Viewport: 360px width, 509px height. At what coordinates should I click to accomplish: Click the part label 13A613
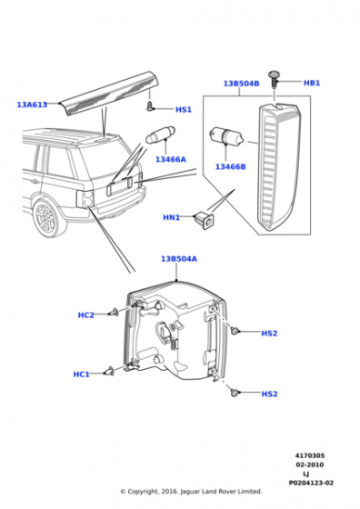tap(32, 105)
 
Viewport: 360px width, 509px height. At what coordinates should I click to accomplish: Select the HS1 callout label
tap(184, 110)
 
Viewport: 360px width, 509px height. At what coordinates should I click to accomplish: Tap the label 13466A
tap(171, 159)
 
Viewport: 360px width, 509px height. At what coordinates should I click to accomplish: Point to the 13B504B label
tap(241, 84)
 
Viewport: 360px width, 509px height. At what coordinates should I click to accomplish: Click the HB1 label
tap(312, 83)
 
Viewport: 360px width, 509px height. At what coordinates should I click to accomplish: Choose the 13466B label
tap(231, 167)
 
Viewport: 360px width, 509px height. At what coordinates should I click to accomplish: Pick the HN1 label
tap(171, 217)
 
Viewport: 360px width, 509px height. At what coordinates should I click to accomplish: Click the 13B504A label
tap(179, 259)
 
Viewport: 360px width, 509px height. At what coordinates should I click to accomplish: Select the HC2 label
tap(86, 314)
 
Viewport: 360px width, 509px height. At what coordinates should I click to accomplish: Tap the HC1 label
tap(81, 374)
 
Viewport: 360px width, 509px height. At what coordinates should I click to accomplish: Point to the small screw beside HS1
tap(149, 105)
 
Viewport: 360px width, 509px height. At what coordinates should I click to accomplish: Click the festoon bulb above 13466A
tap(160, 135)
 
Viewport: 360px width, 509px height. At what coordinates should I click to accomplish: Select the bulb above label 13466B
tap(226, 135)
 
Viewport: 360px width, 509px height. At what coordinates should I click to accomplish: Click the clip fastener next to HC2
tap(115, 312)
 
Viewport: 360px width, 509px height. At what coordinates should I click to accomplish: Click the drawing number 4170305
tap(310, 455)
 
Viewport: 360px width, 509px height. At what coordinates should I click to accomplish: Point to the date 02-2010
tap(310, 464)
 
